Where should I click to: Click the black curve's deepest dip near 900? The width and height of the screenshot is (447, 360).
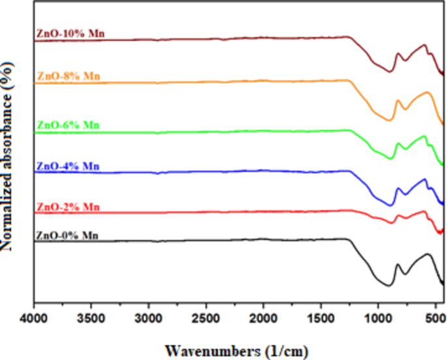point(389,285)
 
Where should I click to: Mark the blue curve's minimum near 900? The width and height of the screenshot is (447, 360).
point(390,205)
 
